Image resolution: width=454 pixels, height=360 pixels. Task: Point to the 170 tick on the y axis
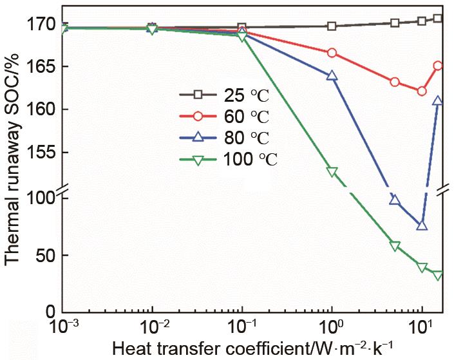(x=40, y=24)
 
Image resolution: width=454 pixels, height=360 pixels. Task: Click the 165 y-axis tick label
(x=40, y=66)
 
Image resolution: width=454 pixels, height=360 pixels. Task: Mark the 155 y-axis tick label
(x=40, y=152)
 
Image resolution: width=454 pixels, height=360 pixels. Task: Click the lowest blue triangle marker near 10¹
(x=422, y=225)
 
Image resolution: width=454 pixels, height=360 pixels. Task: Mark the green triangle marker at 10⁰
(x=332, y=172)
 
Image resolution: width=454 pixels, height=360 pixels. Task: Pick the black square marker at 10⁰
(x=332, y=26)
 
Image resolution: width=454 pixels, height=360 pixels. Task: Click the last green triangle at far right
(x=438, y=276)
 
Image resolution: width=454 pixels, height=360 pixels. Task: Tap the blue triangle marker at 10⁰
(x=332, y=75)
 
